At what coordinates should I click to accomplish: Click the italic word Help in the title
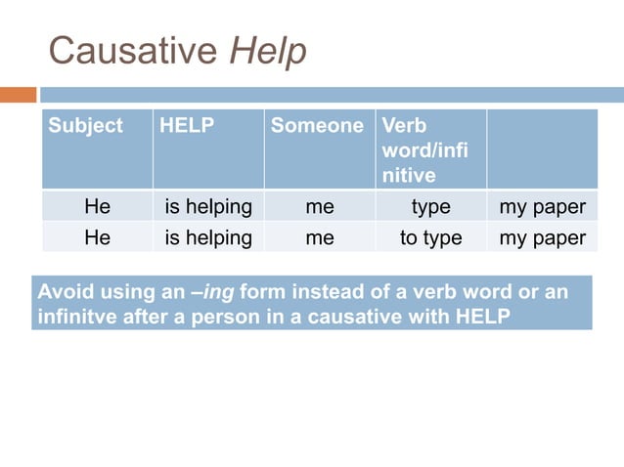point(267,52)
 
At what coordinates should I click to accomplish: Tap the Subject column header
point(86,126)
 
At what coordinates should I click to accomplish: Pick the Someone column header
point(317,126)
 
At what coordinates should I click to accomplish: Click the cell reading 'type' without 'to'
point(430,207)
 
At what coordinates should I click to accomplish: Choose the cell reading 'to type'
point(430,237)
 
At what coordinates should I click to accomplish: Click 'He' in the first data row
point(97,207)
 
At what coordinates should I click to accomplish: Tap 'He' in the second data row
point(97,237)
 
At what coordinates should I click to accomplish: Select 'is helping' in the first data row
point(208,207)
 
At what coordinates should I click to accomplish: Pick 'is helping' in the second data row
point(208,237)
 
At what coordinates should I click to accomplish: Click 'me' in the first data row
point(320,207)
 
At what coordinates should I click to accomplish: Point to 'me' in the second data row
point(320,237)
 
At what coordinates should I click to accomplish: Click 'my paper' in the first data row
point(543,207)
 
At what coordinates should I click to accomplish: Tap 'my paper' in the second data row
point(543,237)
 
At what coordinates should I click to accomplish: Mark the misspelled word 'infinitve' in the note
point(73,318)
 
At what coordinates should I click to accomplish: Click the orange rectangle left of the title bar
point(18,95)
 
